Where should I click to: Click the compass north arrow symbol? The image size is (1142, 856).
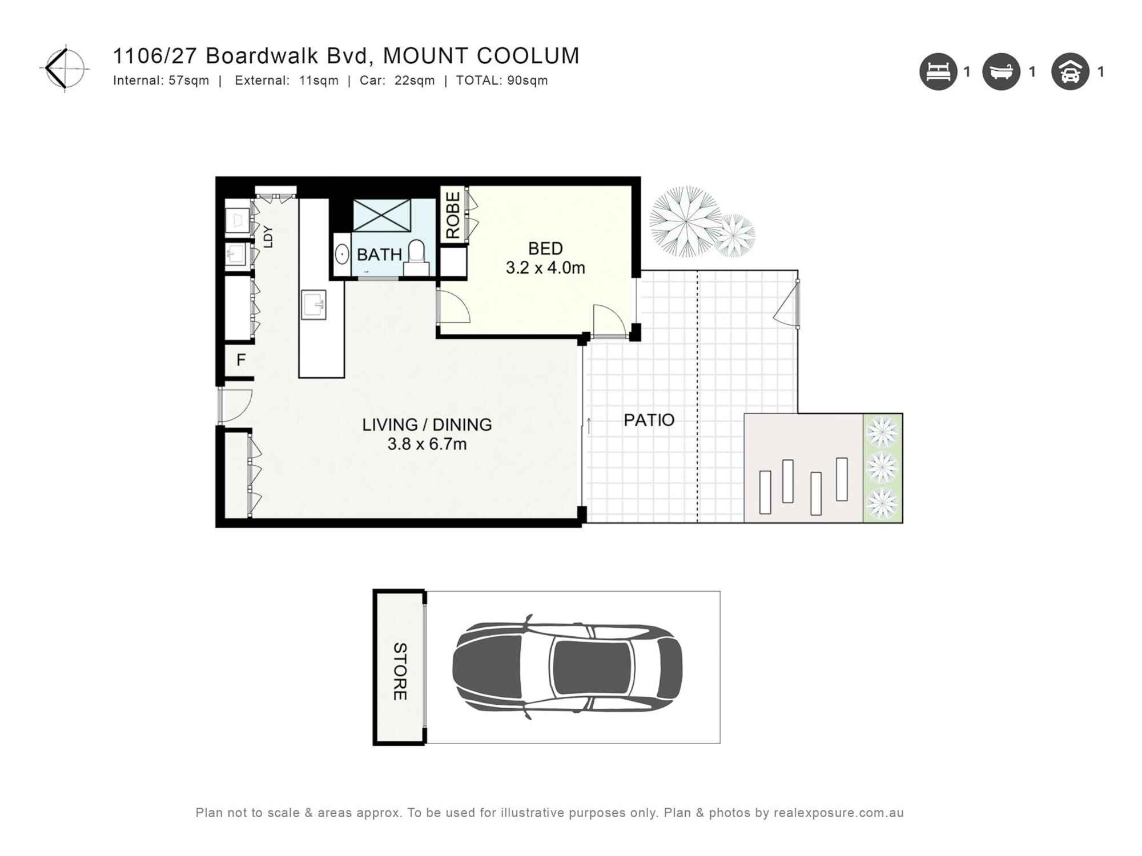coord(65,68)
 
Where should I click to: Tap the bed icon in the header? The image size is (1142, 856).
coord(938,72)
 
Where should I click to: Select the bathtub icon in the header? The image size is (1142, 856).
coord(1000,72)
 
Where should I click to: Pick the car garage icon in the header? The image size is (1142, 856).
coord(1069,72)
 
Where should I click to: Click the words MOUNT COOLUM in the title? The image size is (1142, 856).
coord(481,56)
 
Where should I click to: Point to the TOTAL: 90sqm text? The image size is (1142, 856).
coord(501,80)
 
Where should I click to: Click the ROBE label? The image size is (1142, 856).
coord(453,215)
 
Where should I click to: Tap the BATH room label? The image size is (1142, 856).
coord(379,255)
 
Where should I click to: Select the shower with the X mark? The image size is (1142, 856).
coord(381,215)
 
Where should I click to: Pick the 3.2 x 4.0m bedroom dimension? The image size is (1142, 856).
coord(545,268)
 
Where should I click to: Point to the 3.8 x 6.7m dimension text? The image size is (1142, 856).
coord(427,444)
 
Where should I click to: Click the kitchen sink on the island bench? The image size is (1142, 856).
coord(313,304)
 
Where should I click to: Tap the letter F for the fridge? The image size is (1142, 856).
coord(241,360)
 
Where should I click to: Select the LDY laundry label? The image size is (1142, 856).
coord(268,236)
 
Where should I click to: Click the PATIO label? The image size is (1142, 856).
coord(649,420)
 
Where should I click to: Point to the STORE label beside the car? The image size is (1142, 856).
coord(400,671)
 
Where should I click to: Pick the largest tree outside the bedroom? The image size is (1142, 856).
coord(685,221)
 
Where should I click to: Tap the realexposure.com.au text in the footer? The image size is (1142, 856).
coord(838,813)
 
